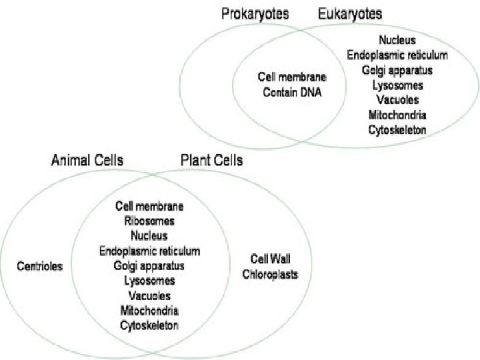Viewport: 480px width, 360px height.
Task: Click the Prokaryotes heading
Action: click(257, 13)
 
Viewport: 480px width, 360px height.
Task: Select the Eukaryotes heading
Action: click(350, 13)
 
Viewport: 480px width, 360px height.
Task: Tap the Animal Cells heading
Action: click(87, 161)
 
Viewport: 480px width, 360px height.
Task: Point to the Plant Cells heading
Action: click(211, 161)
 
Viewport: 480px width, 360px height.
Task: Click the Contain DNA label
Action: click(292, 93)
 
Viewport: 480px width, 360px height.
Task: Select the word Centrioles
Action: click(39, 266)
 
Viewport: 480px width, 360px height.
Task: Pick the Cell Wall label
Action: click(270, 259)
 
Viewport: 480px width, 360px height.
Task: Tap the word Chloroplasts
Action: click(270, 274)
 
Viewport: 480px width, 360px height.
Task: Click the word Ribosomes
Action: click(149, 221)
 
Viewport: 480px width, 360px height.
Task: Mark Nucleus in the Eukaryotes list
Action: click(397, 41)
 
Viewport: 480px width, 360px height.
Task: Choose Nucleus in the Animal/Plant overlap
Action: click(149, 235)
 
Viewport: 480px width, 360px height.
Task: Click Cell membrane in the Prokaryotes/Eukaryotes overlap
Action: click(292, 77)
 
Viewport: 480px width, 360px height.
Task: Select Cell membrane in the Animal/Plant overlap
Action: click(149, 206)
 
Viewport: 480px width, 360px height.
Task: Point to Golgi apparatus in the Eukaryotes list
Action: click(397, 70)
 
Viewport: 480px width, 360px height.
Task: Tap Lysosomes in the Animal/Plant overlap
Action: click(149, 281)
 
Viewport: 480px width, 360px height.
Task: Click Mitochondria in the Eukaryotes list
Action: click(397, 115)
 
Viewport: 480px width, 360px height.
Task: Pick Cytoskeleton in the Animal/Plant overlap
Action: click(149, 325)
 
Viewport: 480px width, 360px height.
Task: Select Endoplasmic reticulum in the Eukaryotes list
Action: click(397, 55)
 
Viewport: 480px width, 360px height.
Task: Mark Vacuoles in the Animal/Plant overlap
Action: click(149, 295)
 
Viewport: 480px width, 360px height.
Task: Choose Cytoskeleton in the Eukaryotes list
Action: click(397, 130)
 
